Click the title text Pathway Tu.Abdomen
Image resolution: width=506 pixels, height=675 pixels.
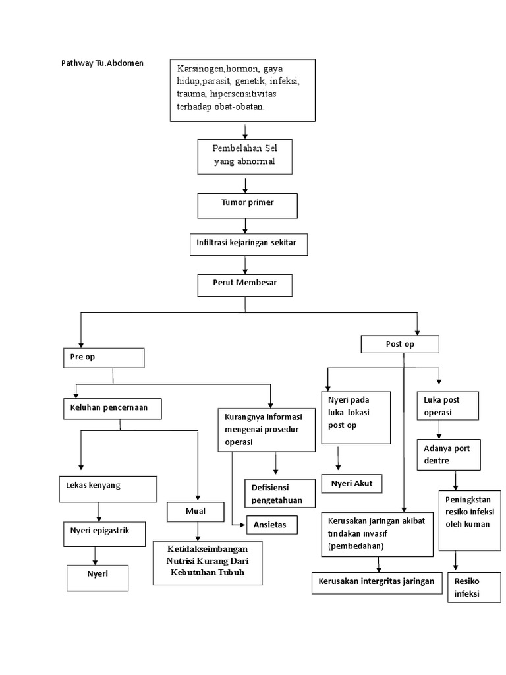coord(102,63)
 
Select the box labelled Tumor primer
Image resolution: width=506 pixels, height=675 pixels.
coord(247,205)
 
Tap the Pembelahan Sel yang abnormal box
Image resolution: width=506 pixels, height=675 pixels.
coord(244,156)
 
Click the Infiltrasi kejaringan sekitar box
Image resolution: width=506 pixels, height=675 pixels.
coord(246,245)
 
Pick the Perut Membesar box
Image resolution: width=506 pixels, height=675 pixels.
coord(245,285)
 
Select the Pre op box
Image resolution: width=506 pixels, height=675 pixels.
coord(103,358)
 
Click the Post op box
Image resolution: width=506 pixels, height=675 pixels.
coord(400,344)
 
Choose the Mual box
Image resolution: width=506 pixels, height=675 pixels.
coord(197,511)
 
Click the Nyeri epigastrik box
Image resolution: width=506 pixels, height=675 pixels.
coord(103,533)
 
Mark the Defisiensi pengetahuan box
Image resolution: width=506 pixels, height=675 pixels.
coord(277,493)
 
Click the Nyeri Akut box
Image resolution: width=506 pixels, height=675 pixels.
coord(352,484)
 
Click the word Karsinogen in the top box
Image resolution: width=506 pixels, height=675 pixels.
coord(201,69)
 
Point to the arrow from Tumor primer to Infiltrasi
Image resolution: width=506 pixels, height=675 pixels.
coord(246,226)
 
